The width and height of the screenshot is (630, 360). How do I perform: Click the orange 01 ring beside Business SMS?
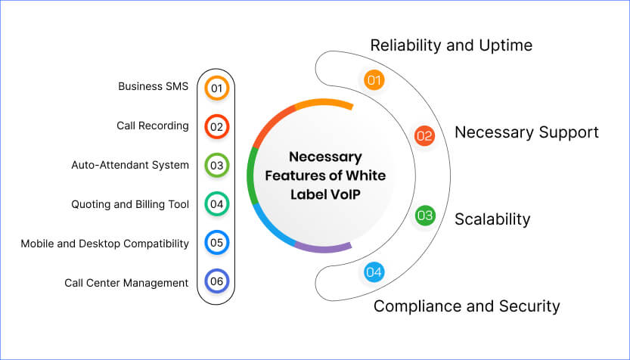(216, 88)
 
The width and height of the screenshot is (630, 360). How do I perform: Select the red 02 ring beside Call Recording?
(216, 126)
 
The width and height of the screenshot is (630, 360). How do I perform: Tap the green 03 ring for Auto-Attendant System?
(216, 165)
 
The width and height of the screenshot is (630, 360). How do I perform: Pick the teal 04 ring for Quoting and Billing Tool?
(216, 204)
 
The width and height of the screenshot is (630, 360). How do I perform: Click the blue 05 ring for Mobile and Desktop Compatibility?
(216, 244)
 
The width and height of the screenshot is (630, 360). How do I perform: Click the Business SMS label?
(153, 86)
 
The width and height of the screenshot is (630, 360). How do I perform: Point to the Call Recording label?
(152, 126)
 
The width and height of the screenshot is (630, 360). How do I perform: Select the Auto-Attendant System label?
(129, 165)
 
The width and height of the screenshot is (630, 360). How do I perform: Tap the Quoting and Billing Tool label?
(129, 204)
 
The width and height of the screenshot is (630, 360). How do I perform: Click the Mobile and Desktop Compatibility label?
(104, 244)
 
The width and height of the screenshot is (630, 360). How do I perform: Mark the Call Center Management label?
(126, 283)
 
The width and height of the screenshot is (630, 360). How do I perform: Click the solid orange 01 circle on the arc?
(374, 79)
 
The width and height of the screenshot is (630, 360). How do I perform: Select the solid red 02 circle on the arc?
(424, 136)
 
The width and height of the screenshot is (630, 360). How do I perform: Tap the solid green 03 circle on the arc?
(425, 216)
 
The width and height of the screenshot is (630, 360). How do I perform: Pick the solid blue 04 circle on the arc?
(374, 272)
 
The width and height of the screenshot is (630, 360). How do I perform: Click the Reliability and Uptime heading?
(451, 45)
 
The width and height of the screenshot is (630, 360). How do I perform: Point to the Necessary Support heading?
(526, 132)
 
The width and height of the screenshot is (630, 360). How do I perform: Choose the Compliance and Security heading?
(467, 306)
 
